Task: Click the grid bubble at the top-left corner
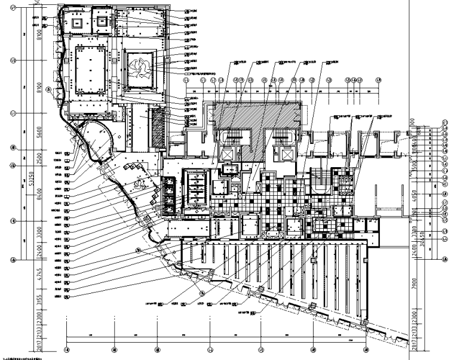click(x=13, y=5)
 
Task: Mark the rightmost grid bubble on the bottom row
click(x=365, y=349)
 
